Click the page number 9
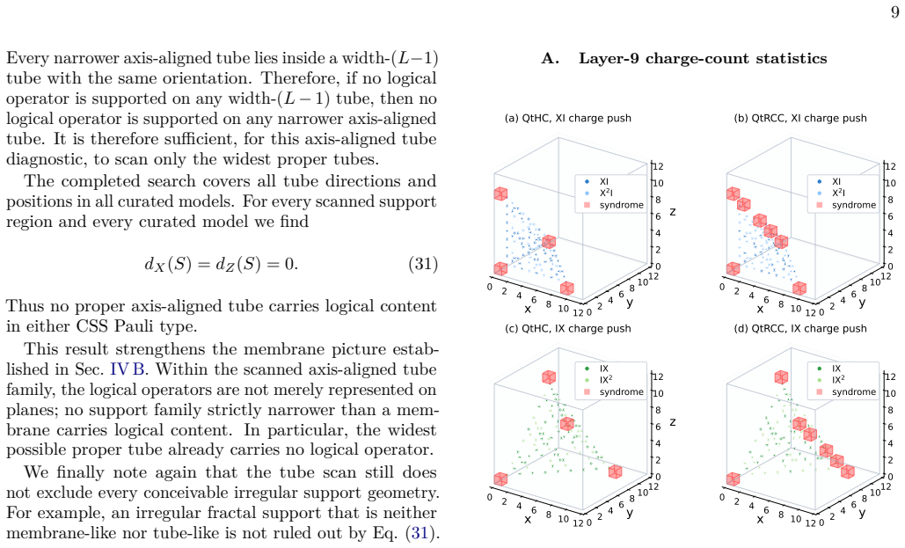click(x=894, y=12)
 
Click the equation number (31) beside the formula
click(x=423, y=264)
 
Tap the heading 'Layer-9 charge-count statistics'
click(x=703, y=58)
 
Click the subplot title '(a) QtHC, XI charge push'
click(x=568, y=119)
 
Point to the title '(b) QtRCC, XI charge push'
click(x=800, y=119)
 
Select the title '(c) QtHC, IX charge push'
click(x=568, y=329)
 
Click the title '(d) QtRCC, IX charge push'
click(x=800, y=329)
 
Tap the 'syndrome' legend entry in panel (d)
click(x=847, y=392)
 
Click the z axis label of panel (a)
click(x=673, y=213)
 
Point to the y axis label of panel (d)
click(x=862, y=513)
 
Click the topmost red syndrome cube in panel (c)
click(x=549, y=377)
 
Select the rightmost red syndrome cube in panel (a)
click(x=567, y=289)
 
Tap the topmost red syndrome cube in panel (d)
click(x=781, y=377)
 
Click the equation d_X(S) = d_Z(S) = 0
click(x=221, y=264)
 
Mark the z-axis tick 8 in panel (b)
click(x=891, y=200)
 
